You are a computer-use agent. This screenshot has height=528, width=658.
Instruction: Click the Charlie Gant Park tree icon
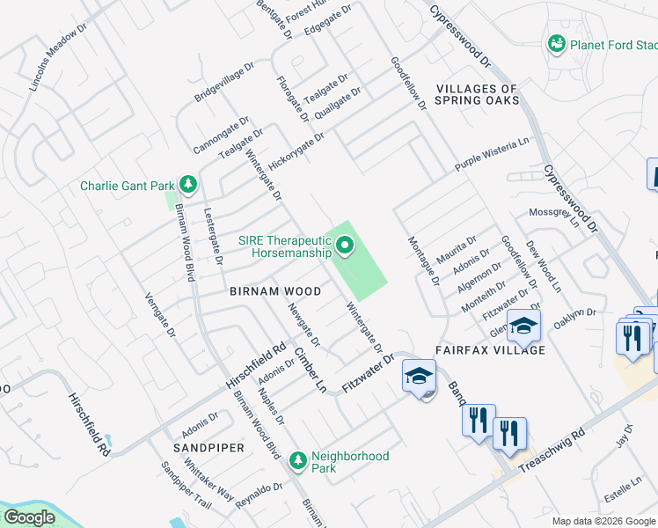click(187, 185)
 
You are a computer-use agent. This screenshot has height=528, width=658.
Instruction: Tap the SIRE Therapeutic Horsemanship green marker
click(343, 246)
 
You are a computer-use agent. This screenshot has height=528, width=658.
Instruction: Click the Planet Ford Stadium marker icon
click(556, 43)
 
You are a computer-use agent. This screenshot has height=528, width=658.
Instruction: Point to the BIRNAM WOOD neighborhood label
click(274, 290)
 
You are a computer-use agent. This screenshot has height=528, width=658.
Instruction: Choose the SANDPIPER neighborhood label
click(208, 448)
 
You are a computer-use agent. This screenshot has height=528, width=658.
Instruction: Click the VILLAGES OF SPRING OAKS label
click(477, 94)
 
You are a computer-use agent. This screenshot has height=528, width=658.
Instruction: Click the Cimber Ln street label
click(311, 370)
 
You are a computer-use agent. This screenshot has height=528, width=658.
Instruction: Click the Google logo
click(29, 517)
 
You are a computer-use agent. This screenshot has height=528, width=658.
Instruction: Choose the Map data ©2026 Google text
click(603, 521)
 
